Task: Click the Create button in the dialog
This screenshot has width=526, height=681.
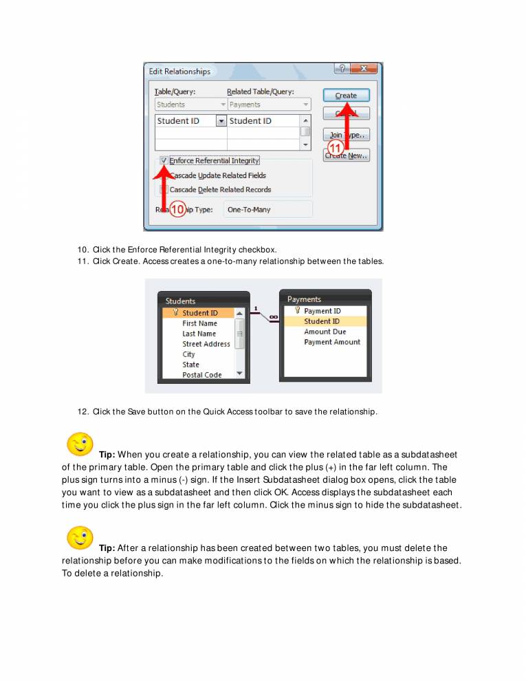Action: [x=346, y=96]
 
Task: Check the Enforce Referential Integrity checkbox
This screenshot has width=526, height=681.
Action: [x=164, y=160]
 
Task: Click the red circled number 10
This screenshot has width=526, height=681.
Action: [x=177, y=210]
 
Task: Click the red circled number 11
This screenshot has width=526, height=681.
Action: [x=335, y=148]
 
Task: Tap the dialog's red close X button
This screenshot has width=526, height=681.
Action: [x=364, y=69]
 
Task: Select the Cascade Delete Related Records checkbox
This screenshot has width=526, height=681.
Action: [x=164, y=189]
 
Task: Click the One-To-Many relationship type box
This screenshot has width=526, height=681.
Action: [x=267, y=209]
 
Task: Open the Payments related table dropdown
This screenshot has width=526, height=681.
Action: [x=269, y=105]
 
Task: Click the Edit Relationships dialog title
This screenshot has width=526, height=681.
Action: [x=180, y=72]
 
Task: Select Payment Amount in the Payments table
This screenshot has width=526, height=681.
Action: [x=332, y=342]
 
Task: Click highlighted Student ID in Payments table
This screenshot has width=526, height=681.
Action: [x=322, y=321]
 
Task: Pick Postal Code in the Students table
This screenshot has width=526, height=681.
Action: [x=201, y=375]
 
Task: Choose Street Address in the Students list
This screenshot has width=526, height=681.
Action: [x=206, y=344]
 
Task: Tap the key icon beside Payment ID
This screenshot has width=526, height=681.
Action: [x=297, y=311]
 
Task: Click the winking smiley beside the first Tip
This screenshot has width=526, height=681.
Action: [x=80, y=444]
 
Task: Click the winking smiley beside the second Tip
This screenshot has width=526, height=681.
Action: [x=80, y=537]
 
